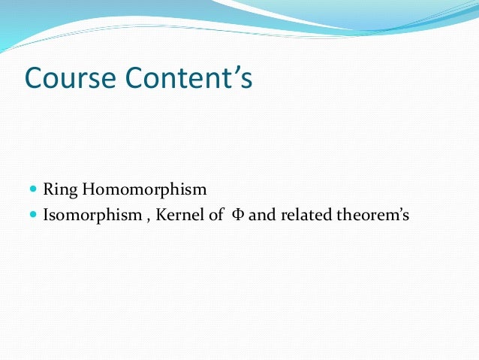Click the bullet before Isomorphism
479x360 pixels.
pos(33,216)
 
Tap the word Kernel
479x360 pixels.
pos(179,216)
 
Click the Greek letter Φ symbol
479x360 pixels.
pos(237,216)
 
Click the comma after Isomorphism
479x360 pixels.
pos(145,219)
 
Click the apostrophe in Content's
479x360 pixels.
pos(236,69)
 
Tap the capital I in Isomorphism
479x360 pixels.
pos(47,216)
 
